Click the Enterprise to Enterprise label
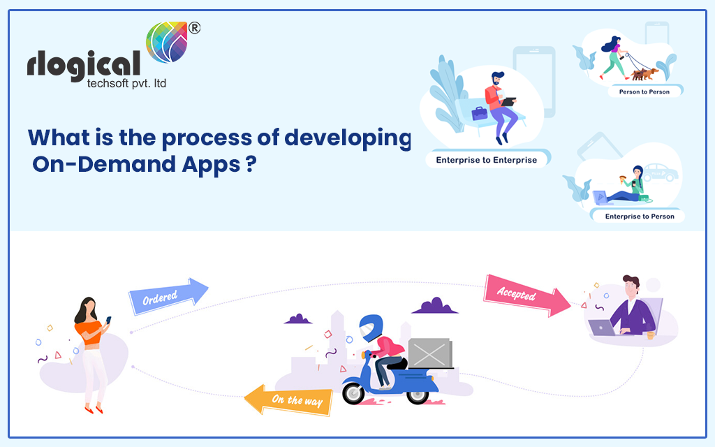(486, 160)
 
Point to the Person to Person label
(643, 91)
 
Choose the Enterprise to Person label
(639, 217)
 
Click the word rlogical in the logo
(84, 66)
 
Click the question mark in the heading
(249, 168)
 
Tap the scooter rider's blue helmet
(370, 328)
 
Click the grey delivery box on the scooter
(429, 353)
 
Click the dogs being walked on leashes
(642, 73)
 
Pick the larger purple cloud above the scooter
(434, 306)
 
